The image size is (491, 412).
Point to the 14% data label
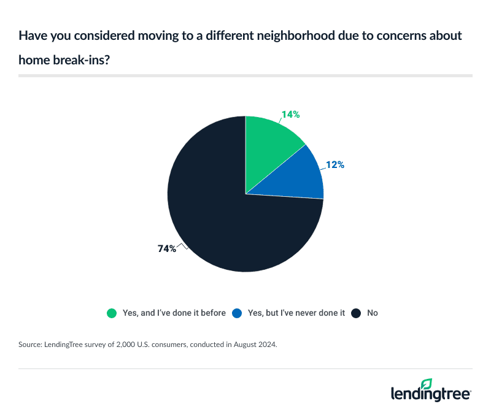pyautogui.click(x=291, y=115)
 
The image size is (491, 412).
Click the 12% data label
pyautogui.click(x=334, y=164)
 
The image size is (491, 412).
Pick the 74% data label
pyautogui.click(x=166, y=248)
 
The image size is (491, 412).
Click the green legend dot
pyautogui.click(x=111, y=313)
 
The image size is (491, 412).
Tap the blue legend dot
pyautogui.click(x=237, y=313)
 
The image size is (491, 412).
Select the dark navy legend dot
pyautogui.click(x=356, y=313)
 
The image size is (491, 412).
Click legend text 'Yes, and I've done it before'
pyautogui.click(x=173, y=313)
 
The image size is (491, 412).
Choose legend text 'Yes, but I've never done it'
pyautogui.click(x=296, y=313)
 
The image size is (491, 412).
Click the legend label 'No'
pyautogui.click(x=373, y=313)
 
